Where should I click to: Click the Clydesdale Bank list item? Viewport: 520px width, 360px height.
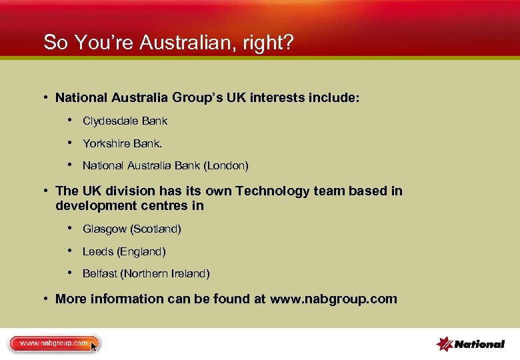coord(125,121)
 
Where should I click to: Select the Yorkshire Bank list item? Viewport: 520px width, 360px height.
coord(122,143)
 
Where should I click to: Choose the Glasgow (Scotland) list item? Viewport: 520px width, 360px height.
coord(131,229)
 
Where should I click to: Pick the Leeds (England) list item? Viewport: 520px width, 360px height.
coord(124,251)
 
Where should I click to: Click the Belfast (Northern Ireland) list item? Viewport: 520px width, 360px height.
coord(145,273)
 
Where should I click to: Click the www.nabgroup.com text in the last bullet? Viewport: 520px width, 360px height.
coord(333,299)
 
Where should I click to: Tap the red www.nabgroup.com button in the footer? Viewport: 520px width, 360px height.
coord(53,344)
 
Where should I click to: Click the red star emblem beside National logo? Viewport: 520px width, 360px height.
coord(445,344)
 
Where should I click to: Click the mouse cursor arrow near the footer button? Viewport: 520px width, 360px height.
coord(94,347)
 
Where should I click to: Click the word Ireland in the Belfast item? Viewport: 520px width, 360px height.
coord(190,273)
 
